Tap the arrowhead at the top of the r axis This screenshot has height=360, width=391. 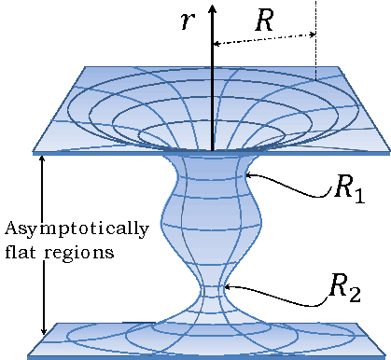click(213, 8)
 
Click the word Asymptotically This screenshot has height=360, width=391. click(76, 228)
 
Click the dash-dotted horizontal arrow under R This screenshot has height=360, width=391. click(265, 40)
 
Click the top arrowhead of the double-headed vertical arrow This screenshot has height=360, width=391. click(42, 160)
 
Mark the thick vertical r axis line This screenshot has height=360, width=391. click(213, 84)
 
